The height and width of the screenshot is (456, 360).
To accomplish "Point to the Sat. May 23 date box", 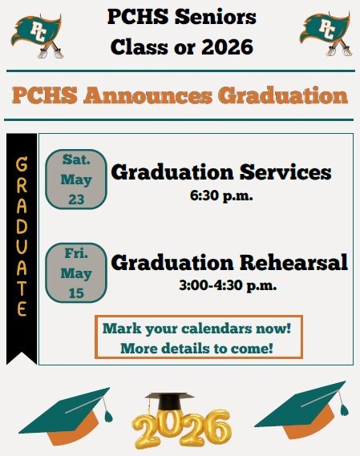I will [x=76, y=178].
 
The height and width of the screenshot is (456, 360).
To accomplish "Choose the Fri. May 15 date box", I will [x=76, y=273].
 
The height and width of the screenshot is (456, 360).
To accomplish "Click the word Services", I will [x=283, y=172].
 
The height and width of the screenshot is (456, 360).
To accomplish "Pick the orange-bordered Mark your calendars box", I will [x=198, y=337].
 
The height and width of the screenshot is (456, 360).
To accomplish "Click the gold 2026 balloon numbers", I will [x=181, y=430].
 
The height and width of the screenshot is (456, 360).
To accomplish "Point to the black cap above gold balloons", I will [x=170, y=400].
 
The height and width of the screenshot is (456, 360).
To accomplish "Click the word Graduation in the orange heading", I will [x=284, y=96].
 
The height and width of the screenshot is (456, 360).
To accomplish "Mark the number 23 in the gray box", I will [x=76, y=200].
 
